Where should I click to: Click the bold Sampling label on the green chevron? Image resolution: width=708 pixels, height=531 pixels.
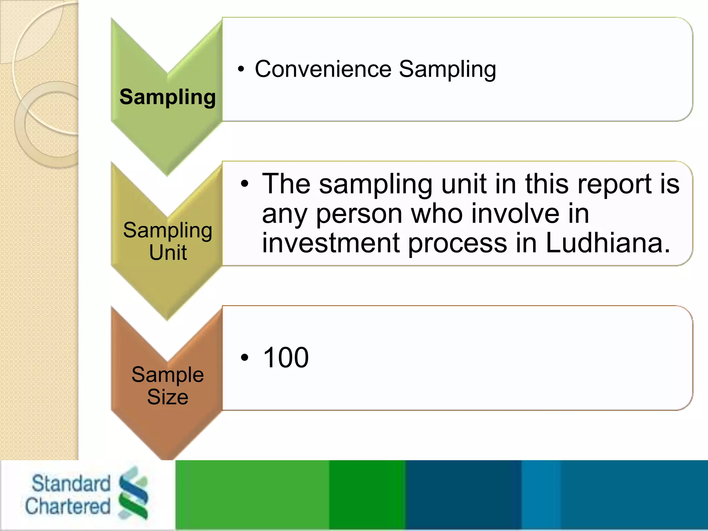point(167,97)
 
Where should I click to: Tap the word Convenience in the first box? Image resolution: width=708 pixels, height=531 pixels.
point(323,69)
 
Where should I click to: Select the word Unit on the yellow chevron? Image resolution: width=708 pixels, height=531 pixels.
point(168,252)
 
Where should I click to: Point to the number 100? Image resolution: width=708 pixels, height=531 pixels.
point(286,357)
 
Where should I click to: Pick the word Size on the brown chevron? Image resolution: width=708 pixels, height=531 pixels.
point(168,397)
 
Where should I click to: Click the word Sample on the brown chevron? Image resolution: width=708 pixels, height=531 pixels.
point(168,375)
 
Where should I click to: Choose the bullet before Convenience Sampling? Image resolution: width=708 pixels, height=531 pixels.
point(241,69)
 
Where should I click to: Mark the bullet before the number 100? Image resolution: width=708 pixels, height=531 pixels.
point(245,358)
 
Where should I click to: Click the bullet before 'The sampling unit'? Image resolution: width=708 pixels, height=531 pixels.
point(245,184)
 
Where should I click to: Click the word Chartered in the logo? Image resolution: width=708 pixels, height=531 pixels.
point(68,506)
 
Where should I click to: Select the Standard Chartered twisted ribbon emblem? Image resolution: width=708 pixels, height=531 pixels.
point(133,493)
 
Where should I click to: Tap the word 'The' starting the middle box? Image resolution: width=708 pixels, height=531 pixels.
point(286,184)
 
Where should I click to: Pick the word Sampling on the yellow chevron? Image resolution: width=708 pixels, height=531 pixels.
point(168,230)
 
